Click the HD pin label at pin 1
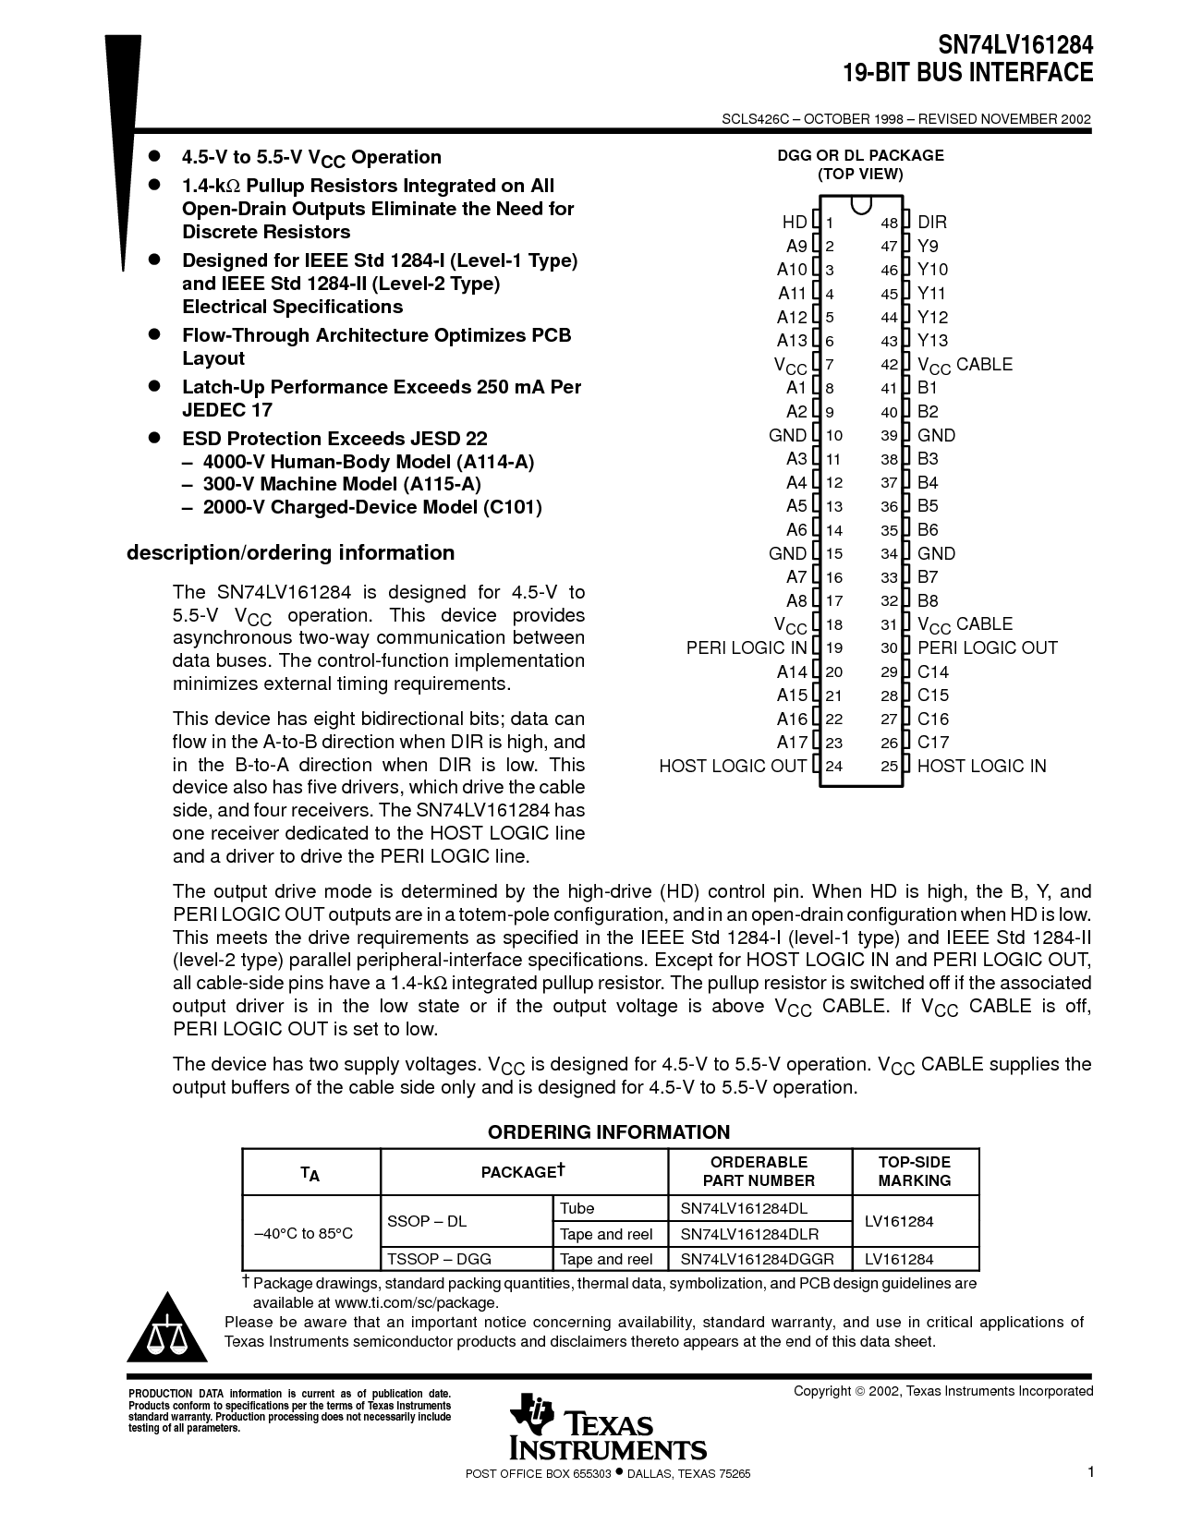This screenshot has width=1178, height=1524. pos(794,222)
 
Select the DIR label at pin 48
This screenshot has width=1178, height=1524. pos(931,222)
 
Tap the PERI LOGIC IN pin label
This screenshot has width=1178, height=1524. pos(746,647)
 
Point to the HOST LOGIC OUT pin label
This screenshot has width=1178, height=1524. pos(732,766)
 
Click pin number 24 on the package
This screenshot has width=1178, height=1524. pos(833,766)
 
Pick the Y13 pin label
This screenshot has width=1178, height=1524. pos(932,340)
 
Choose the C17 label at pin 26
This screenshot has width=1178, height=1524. pos(932,742)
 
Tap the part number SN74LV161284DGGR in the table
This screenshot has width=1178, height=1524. pos(757,1259)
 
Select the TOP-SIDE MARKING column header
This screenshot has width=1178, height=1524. pos(914,1171)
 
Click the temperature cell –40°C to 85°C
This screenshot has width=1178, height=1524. pos(304,1233)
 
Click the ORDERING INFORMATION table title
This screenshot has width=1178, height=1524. pos(609,1132)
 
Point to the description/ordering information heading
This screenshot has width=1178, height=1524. pos(290,552)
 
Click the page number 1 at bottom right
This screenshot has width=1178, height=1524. pos(1090,1472)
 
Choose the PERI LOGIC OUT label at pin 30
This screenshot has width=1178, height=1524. pos(987,647)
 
